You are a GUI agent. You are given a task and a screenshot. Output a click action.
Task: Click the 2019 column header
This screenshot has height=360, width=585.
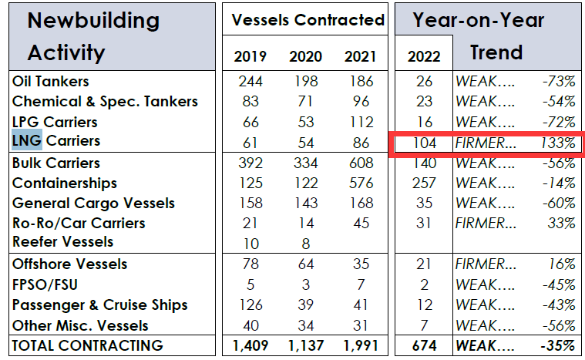250,57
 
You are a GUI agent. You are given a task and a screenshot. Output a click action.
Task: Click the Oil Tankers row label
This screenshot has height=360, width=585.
51,81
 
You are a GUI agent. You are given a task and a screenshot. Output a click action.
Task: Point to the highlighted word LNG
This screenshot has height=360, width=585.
28,141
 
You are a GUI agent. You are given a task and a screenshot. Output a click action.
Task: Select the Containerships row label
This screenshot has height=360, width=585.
65,183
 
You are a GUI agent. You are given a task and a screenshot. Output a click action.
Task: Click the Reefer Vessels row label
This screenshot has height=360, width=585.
62,242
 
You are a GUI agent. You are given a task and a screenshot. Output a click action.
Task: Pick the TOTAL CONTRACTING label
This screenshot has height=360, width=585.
87,345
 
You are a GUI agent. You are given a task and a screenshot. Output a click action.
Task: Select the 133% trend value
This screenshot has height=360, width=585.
557,143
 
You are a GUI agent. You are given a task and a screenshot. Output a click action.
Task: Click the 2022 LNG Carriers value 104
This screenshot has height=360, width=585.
424,143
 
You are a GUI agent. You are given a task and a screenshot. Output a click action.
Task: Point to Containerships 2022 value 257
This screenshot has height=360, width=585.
424,183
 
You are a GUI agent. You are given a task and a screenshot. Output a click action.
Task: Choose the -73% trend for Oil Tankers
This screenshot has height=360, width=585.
558,81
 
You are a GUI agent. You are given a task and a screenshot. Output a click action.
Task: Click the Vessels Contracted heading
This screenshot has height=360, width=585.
308,21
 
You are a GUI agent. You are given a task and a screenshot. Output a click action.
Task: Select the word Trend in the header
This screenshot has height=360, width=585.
496,53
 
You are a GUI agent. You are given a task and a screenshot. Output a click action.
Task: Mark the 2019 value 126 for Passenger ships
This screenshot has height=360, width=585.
250,304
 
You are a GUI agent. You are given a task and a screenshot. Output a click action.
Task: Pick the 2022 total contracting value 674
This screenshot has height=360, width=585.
424,345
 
